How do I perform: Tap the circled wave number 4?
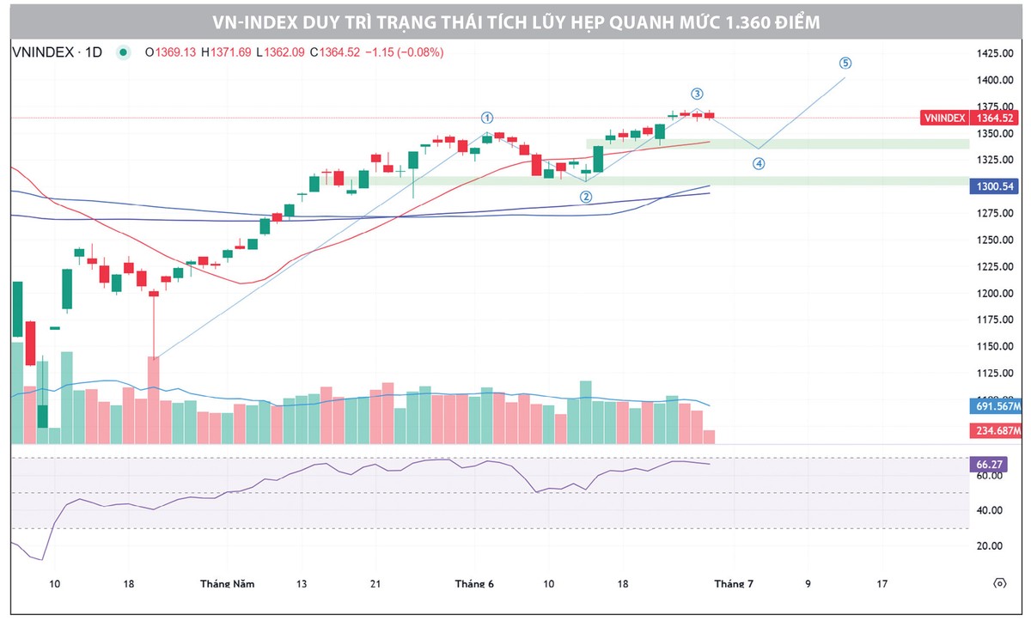[759, 163]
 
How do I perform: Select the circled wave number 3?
[697, 94]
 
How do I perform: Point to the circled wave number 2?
[586, 197]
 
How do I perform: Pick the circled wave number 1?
[487, 118]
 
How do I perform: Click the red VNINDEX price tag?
[944, 118]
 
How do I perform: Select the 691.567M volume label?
[997, 406]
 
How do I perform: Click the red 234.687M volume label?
[997, 430]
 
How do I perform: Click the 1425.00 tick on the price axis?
[995, 53]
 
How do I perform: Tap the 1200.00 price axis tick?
[995, 293]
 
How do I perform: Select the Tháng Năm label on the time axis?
[227, 584]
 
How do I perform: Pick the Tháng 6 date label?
[474, 584]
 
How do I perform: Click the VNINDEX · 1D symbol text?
[57, 52]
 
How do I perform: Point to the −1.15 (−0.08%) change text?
[404, 52]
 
